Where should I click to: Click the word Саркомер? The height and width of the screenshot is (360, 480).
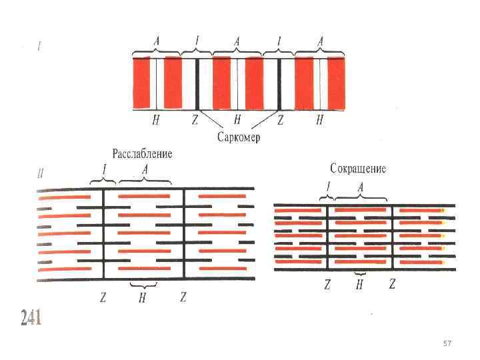pyautogui.click(x=237, y=137)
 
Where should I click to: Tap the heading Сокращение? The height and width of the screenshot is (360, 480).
pyautogui.click(x=357, y=168)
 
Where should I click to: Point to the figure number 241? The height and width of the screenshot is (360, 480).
pyautogui.click(x=31, y=318)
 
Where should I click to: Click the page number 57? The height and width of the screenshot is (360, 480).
pyautogui.click(x=447, y=343)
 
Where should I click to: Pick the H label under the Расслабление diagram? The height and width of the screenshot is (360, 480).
pyautogui.click(x=142, y=298)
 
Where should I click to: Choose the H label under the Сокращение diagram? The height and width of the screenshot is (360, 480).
pyautogui.click(x=359, y=285)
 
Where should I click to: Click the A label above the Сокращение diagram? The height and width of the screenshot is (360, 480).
pyautogui.click(x=361, y=187)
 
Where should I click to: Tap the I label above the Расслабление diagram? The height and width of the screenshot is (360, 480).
pyautogui.click(x=103, y=171)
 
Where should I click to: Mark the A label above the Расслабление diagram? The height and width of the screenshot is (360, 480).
pyautogui.click(x=145, y=171)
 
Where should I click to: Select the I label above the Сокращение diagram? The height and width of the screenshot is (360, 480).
pyautogui.click(x=327, y=187)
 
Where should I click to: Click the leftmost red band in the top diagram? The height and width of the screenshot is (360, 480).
pyautogui.click(x=141, y=83)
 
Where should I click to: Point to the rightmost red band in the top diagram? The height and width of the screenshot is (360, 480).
pyautogui.click(x=336, y=83)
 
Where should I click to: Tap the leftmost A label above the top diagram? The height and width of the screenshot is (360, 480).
pyautogui.click(x=157, y=41)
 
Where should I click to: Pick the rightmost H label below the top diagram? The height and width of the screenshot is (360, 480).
pyautogui.click(x=319, y=121)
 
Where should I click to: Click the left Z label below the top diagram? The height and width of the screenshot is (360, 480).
pyautogui.click(x=195, y=121)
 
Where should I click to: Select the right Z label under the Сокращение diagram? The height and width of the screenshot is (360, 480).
pyautogui.click(x=392, y=284)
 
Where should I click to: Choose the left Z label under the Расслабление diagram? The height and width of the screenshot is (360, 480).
pyautogui.click(x=103, y=297)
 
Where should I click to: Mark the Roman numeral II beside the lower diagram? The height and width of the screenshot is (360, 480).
pyautogui.click(x=41, y=174)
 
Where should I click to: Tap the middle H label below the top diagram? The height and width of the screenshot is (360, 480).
pyautogui.click(x=237, y=121)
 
